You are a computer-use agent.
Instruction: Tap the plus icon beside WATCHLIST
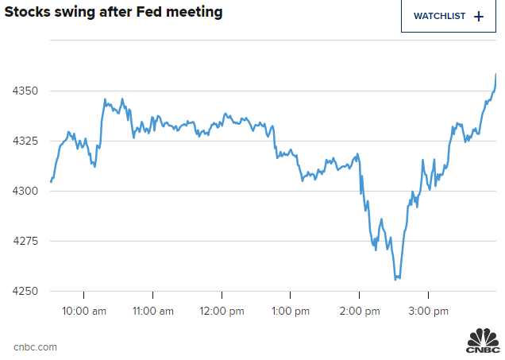pyautogui.click(x=478, y=16)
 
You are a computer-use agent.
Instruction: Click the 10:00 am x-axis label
pyautogui.click(x=83, y=311)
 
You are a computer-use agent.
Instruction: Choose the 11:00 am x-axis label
pyautogui.click(x=152, y=311)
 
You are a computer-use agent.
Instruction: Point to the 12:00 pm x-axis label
pyautogui.click(x=221, y=311)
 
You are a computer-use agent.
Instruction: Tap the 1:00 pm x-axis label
pyautogui.click(x=290, y=311)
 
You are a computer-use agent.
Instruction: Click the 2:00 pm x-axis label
pyautogui.click(x=358, y=311)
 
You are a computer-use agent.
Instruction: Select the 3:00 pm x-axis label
pyautogui.click(x=427, y=311)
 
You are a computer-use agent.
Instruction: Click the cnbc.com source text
pyautogui.click(x=35, y=347)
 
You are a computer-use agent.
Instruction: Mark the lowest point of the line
pyautogui.click(x=396, y=279)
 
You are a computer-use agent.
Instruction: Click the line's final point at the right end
pyautogui.click(x=496, y=74)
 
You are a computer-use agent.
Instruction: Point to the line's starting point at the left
pyautogui.click(x=51, y=182)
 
